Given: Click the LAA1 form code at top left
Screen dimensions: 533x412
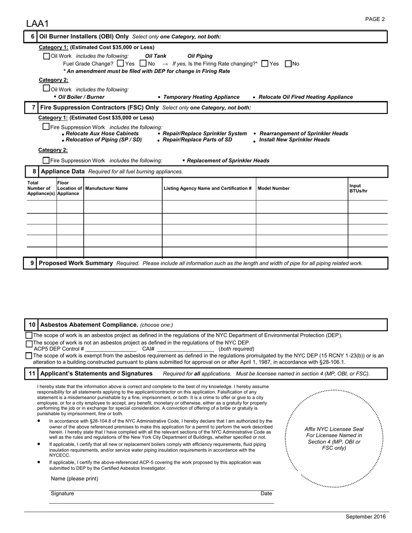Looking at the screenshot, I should (37, 23).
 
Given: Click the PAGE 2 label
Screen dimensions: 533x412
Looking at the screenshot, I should (375, 19).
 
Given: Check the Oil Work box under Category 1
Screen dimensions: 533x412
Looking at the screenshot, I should (47, 56).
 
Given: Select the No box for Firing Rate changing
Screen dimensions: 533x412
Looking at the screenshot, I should (288, 64).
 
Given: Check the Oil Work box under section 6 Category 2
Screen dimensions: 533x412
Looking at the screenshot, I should (46, 88).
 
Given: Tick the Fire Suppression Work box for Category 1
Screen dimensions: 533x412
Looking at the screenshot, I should (46, 127).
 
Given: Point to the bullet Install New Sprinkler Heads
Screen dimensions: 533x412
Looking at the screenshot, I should (294, 140).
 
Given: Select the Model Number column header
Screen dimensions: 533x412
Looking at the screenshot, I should (274, 188).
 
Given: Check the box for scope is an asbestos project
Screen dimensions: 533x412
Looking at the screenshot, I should (29, 335).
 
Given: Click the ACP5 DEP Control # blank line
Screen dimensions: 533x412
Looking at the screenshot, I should (111, 349).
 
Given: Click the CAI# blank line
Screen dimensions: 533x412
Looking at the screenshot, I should (185, 349).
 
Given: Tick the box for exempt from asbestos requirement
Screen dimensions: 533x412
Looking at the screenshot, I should (29, 356).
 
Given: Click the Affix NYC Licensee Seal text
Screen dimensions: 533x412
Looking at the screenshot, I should (334, 439).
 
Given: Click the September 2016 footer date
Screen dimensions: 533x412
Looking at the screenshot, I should (365, 517).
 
